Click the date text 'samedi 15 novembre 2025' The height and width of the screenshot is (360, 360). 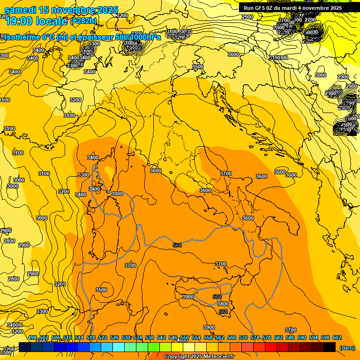point(61,10)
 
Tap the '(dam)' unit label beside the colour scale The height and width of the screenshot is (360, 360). point(347,347)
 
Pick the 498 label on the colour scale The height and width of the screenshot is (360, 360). point(32,337)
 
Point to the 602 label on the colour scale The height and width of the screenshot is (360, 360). point(337,337)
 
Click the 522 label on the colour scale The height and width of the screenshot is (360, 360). point(103,337)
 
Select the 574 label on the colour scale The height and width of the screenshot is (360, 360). point(255,337)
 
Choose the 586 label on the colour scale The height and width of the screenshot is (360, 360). point(290,337)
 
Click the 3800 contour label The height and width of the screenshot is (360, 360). point(223,304)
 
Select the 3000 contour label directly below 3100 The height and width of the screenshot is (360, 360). point(19,180)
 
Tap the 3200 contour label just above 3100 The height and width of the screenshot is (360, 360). point(75,100)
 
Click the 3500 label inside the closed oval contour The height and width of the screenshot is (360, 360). point(101,290)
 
